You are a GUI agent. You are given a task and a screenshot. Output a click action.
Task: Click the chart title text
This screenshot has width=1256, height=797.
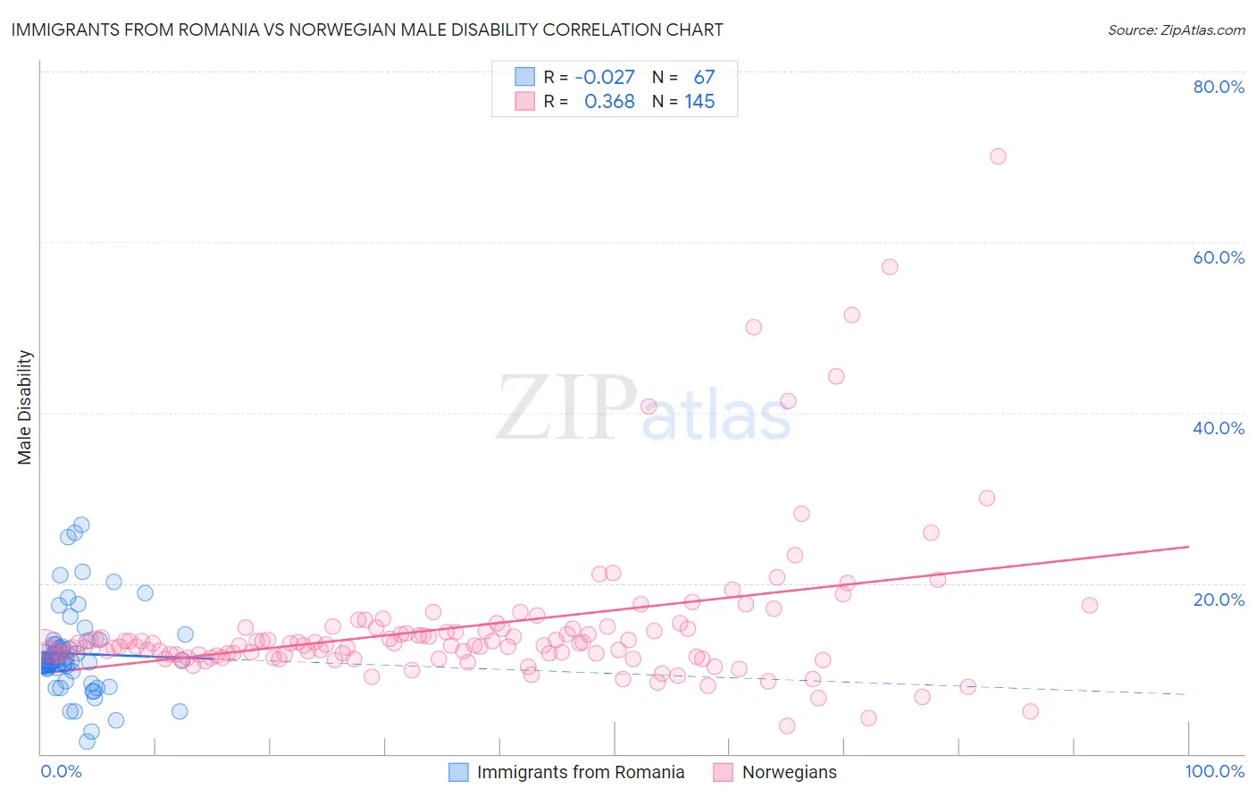click(366, 29)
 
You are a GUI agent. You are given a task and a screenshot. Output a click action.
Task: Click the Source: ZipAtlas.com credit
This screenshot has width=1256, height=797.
click(1176, 29)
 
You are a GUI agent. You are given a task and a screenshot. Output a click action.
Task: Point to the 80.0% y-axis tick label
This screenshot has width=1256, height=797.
click(1218, 87)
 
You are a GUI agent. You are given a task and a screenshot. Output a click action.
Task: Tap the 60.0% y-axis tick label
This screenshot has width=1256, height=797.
click(1218, 257)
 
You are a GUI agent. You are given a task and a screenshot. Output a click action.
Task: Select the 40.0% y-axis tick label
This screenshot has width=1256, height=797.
click(1218, 428)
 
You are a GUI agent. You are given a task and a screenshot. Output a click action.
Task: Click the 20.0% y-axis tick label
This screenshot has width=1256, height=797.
click(1218, 600)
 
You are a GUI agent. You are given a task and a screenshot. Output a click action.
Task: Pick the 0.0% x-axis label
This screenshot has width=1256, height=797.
click(61, 771)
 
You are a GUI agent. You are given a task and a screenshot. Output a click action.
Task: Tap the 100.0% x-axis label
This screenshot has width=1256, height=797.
click(1214, 771)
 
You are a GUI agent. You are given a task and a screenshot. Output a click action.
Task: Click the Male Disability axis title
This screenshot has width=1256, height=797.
click(24, 407)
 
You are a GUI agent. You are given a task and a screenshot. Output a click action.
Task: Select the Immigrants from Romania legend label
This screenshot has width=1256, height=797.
click(581, 772)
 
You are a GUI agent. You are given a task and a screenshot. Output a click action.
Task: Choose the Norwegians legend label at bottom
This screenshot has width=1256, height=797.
click(790, 772)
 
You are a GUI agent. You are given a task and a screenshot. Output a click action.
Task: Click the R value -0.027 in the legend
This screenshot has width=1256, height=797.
click(605, 77)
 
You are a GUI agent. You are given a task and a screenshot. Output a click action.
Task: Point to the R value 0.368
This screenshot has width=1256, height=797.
click(609, 102)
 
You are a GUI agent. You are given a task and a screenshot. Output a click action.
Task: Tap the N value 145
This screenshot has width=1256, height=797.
click(699, 102)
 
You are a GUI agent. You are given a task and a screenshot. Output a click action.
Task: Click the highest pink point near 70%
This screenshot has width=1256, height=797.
click(998, 156)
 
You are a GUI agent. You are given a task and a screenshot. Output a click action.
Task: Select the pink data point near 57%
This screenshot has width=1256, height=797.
click(890, 267)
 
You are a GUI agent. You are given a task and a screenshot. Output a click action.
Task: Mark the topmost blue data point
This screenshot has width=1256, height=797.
click(81, 524)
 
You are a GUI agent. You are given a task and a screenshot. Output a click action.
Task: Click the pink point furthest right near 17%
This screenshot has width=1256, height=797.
click(1090, 605)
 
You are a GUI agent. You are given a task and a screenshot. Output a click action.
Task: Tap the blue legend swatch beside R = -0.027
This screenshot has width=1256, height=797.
click(524, 77)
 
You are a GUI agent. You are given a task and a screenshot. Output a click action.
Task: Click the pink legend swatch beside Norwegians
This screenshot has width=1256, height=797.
click(723, 772)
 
